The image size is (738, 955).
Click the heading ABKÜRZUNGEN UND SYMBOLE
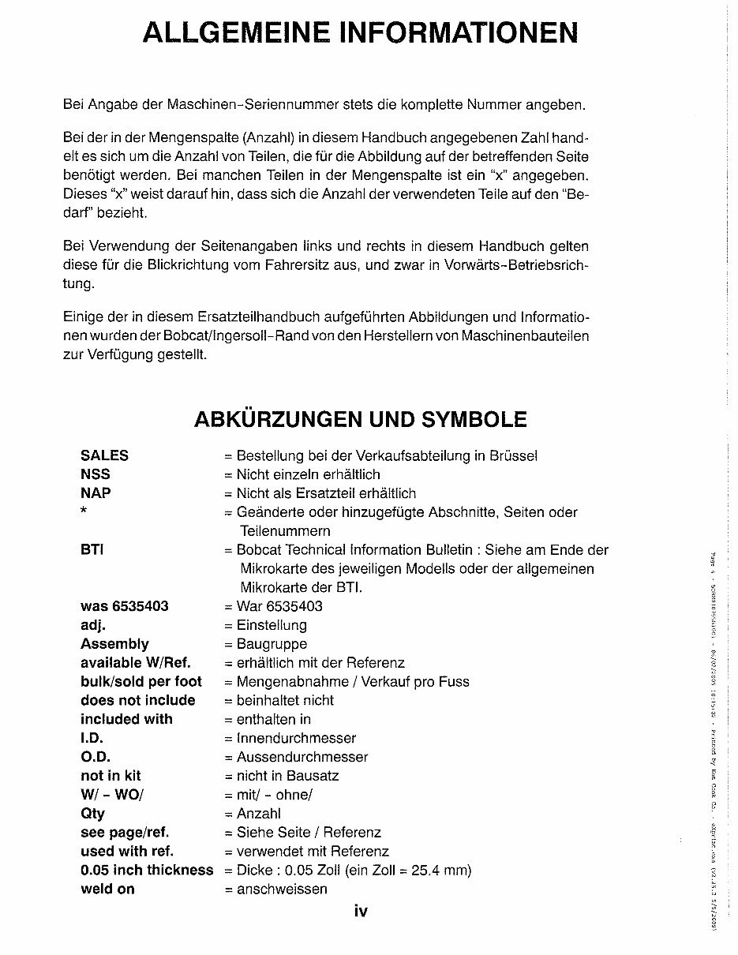360,418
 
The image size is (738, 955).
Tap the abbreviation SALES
104,455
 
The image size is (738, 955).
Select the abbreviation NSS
96,474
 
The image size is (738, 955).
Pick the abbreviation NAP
96,493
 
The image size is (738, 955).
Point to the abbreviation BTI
92,550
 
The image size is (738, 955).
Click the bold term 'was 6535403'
124,606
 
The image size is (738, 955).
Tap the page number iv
361,912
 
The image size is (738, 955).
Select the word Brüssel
514,455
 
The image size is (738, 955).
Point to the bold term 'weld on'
107,889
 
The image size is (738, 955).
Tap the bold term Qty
92,814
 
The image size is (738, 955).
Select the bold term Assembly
114,644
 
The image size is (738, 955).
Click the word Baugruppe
272,644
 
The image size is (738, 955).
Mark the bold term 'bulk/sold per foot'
141,681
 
